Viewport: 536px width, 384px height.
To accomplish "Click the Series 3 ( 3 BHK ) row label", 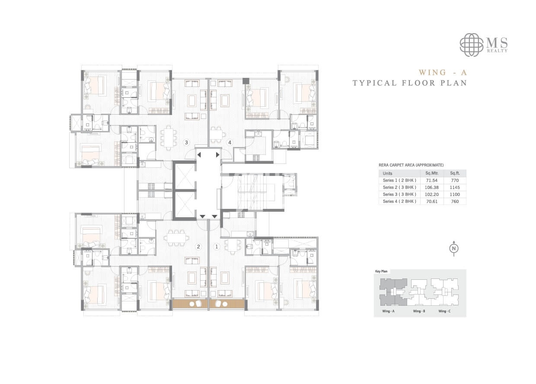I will pos(399,194).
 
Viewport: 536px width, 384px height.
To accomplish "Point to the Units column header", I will pos(388,173).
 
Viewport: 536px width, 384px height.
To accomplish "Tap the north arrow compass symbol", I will pos(454,248).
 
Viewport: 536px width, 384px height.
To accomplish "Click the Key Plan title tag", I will pos(382,272).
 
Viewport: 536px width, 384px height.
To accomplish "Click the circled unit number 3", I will pos(186,142).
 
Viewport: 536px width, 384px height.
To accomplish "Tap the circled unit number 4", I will pos(230,142).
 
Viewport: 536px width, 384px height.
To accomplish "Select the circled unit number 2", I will pos(198,247).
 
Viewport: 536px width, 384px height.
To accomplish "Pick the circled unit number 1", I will pos(217,247).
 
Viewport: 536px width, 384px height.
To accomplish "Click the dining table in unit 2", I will pos(178,237).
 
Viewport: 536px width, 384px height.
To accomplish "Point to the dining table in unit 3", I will pos(168,137).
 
